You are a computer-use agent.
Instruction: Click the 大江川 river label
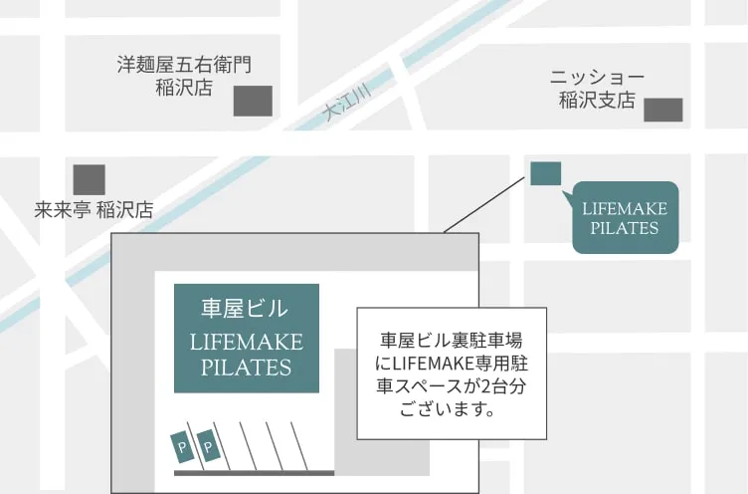[348, 104]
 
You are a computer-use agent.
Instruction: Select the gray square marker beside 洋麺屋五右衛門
[253, 101]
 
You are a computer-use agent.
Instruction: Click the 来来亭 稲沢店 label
[93, 210]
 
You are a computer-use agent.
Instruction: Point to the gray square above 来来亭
[89, 179]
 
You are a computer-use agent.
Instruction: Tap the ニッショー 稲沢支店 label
[597, 89]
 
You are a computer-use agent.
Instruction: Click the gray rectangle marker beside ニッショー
[663, 110]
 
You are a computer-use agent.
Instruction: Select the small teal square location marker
[545, 173]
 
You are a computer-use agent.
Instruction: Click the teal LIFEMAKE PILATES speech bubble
[625, 217]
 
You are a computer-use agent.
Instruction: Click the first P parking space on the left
[183, 448]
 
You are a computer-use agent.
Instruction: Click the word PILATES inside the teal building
[246, 367]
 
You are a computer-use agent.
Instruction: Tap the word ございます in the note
[448, 408]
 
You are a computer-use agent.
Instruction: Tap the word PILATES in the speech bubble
[625, 228]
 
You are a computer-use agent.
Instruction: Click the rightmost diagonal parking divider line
[298, 445]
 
